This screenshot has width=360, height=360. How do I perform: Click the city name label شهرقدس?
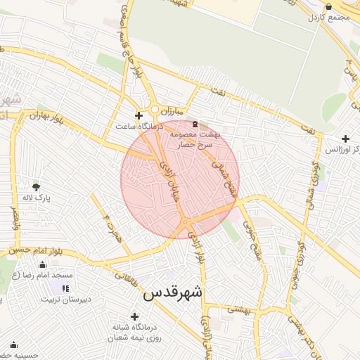(172, 293)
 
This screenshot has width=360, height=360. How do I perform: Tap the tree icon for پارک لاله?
(36, 186)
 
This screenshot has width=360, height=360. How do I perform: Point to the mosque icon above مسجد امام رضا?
(43, 265)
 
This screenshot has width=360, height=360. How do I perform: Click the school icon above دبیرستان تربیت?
(65, 288)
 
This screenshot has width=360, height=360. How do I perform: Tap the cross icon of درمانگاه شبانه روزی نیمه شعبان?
(134, 316)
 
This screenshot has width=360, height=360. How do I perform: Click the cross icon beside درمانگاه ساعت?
(139, 115)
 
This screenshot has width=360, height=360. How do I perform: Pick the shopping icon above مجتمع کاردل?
(328, 6)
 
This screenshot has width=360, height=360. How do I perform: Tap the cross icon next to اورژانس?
(345, 139)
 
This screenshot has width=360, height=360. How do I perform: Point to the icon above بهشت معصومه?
(195, 123)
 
